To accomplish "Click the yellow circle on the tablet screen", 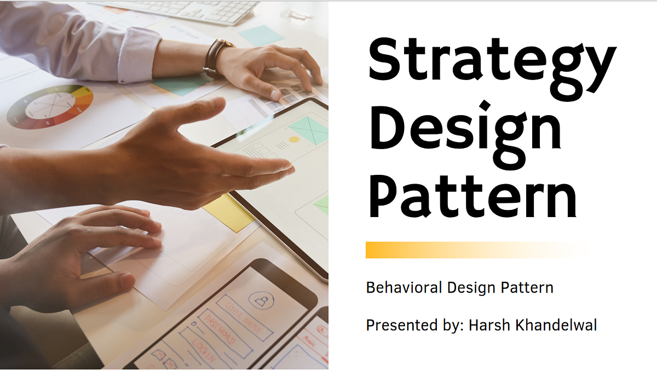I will tap(294, 139).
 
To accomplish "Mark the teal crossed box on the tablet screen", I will tap(308, 129).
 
